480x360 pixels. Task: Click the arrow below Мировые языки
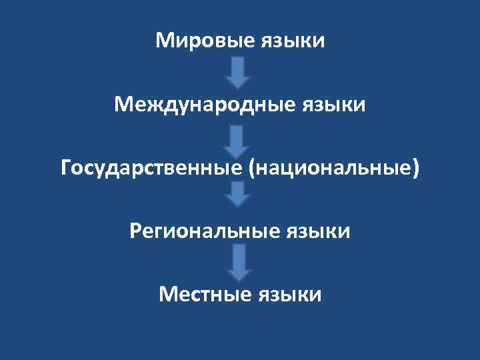coord(237,73)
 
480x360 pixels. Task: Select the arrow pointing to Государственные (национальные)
coord(237,137)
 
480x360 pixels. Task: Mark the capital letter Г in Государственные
coord(67,168)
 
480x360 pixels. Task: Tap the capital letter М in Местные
coord(167,294)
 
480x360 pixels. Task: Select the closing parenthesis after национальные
coord(417,169)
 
